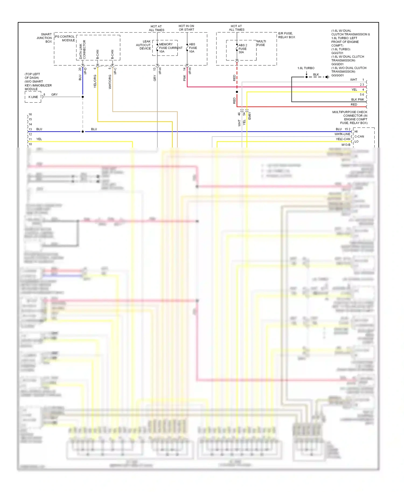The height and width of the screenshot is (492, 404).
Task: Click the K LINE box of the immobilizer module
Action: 33,97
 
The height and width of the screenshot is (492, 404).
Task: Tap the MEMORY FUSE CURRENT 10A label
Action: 170,48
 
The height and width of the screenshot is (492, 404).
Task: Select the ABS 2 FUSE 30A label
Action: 242,49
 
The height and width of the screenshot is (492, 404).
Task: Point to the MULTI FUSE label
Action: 261,43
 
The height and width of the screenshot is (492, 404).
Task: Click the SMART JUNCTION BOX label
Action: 44,38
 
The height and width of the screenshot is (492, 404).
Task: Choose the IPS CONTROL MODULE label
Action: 65,38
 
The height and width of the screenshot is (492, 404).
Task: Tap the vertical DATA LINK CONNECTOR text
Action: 82,50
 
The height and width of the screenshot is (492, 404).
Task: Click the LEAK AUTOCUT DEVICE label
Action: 144,45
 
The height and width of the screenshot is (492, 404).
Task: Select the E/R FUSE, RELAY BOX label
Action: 287,35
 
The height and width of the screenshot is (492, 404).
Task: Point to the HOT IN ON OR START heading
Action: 186,28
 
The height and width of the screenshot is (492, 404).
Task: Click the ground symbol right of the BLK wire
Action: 327,77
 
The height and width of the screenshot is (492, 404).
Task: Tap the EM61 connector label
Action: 250,116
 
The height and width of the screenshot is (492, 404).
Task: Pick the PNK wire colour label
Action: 184,78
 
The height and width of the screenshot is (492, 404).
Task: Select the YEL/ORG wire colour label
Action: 95,81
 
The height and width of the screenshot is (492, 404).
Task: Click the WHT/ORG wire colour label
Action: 110,82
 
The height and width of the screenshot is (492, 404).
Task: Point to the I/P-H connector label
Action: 160,71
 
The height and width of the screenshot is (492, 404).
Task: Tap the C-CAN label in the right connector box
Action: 359,136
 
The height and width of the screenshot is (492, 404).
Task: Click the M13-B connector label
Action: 346,145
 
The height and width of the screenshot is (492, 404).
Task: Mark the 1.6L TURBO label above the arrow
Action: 306,68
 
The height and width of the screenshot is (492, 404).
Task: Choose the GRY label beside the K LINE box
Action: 54,94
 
